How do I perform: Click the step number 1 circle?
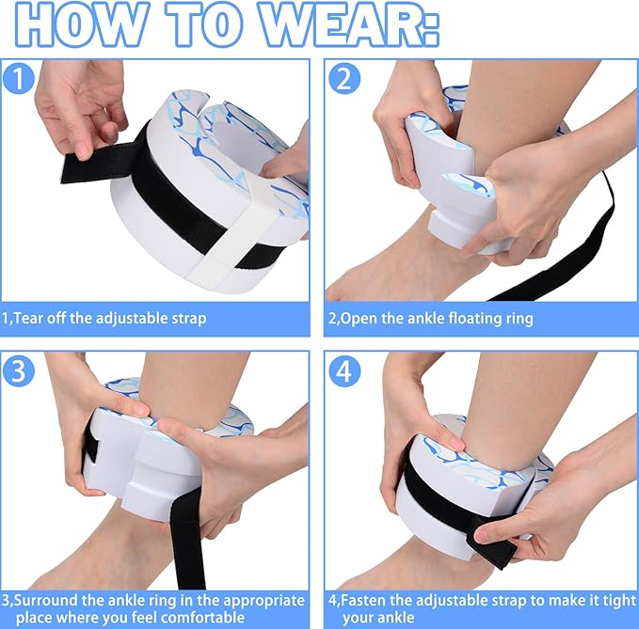(18, 79)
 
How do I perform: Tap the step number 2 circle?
(344, 79)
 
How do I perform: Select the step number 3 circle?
(18, 370)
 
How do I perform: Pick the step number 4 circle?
(344, 370)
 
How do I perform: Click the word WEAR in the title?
(350, 25)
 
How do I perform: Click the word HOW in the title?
(77, 25)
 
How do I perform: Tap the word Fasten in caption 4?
(362, 601)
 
